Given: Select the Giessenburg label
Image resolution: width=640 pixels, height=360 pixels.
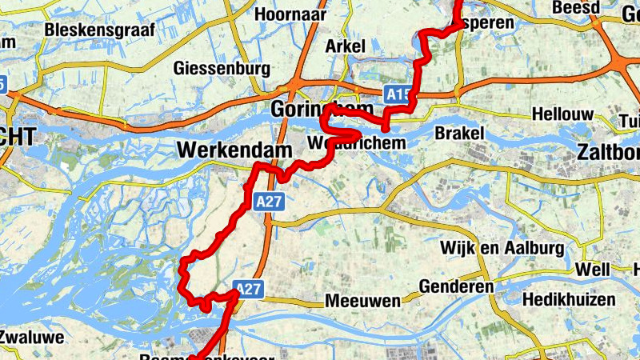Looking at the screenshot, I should click(x=222, y=67).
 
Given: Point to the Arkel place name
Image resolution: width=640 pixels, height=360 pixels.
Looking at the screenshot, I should click(x=345, y=46).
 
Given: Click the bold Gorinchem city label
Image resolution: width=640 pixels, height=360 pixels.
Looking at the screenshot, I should click(x=322, y=109).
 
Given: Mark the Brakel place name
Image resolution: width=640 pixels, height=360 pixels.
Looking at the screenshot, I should click(x=460, y=133).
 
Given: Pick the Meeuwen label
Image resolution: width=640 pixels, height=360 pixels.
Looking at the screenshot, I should click(x=362, y=302).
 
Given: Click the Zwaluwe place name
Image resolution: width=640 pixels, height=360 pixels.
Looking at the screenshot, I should click(x=32, y=338).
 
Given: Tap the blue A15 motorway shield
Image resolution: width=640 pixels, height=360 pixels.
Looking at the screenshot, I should click(x=397, y=94).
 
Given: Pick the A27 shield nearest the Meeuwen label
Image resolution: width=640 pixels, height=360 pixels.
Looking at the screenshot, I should click(x=249, y=290).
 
